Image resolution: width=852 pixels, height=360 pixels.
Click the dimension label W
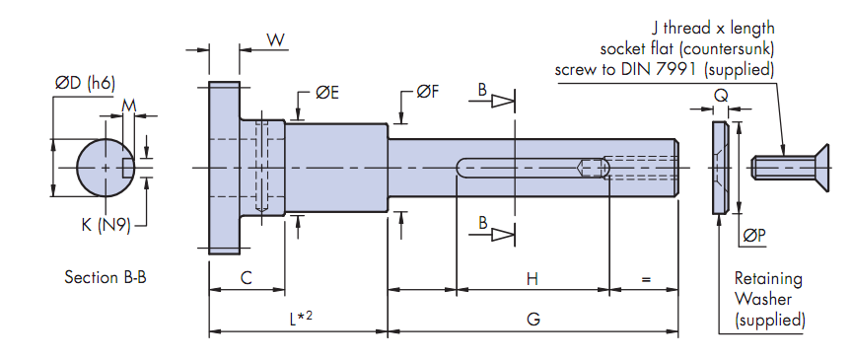(x=276, y=40)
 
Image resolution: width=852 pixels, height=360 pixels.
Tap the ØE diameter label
(x=327, y=93)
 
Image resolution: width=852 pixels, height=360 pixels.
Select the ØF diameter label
(x=428, y=92)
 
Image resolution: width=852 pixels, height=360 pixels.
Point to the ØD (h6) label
(x=86, y=83)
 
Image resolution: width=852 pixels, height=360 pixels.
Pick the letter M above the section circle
(x=129, y=107)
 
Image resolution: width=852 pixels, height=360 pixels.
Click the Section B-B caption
(x=106, y=277)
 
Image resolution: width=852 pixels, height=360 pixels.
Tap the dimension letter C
(x=247, y=278)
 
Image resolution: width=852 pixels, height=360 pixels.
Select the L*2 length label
(x=301, y=319)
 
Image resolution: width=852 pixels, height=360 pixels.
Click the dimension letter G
(x=533, y=320)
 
